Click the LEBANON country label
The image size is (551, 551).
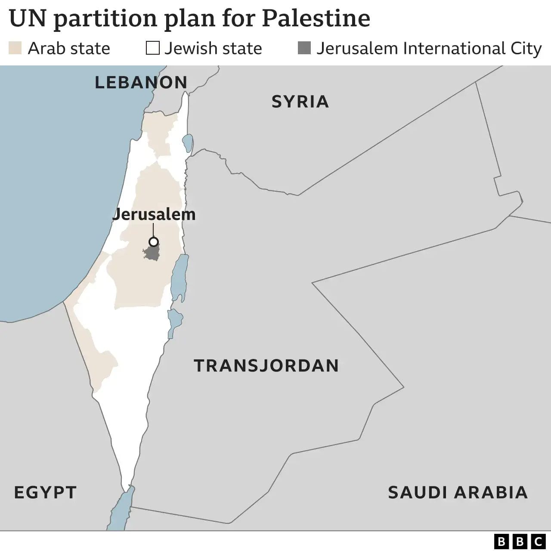pos(141,82)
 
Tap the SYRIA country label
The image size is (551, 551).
pos(300,102)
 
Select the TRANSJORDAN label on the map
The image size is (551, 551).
pos(266,365)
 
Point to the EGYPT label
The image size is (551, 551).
pos(45,492)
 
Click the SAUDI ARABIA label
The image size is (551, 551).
pos(458,492)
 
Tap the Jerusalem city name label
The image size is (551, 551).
pos(154,214)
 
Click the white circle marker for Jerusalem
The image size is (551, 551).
pos(153,241)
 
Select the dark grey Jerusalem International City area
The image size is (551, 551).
pos(152,253)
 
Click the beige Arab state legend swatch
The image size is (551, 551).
pos(15,48)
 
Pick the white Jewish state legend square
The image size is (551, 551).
pos(152,48)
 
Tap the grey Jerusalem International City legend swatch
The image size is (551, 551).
pos(304,48)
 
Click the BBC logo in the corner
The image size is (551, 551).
pos(519,541)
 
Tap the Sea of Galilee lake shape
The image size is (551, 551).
pos(188,142)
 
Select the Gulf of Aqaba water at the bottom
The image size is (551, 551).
pos(121,510)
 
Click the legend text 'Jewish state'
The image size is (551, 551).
pos(213,48)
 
